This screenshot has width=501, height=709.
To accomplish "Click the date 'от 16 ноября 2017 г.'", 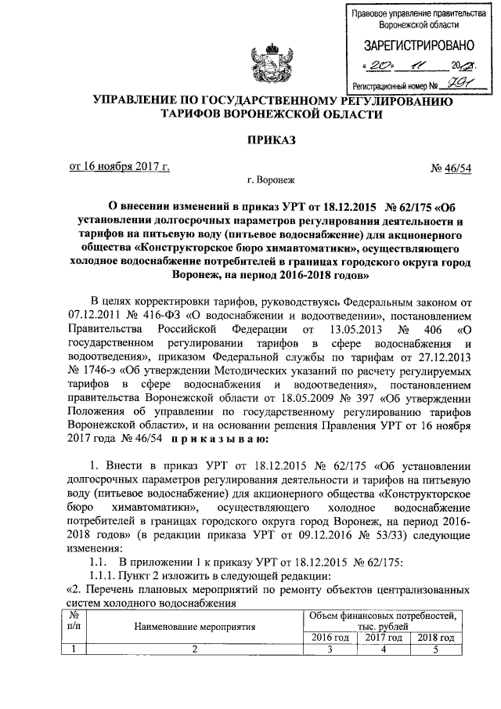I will [120, 165].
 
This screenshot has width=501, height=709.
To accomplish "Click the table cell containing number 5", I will [436, 649].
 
